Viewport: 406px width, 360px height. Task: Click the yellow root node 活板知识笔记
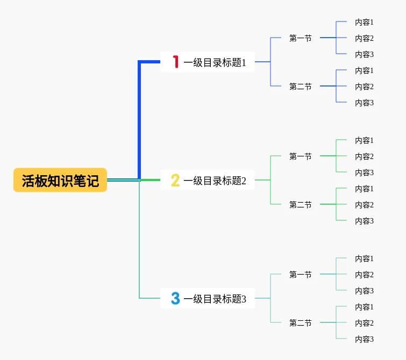(60, 180)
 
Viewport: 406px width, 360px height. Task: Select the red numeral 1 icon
(176, 62)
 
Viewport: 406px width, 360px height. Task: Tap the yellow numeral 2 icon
(175, 180)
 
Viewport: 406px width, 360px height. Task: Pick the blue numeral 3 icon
(175, 298)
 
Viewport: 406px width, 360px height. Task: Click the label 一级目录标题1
(215, 62)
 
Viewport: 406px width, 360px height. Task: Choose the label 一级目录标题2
(215, 181)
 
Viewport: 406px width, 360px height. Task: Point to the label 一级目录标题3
(215, 299)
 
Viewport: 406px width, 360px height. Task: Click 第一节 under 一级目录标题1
(301, 38)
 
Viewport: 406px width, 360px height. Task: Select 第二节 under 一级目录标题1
(301, 87)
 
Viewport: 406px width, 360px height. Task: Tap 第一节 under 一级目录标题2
(301, 156)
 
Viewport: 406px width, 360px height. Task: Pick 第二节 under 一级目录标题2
(301, 205)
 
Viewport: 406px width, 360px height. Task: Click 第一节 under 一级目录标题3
(301, 275)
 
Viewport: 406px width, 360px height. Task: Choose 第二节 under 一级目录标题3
(301, 323)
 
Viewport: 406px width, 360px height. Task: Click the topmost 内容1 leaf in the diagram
(364, 22)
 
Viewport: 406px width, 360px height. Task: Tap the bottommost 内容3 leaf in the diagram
(364, 339)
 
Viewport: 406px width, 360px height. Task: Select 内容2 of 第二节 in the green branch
(364, 205)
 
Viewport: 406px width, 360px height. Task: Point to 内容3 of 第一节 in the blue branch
(364, 54)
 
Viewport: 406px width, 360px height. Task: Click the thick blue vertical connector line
(139, 120)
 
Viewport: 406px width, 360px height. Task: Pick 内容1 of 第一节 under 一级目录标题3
(364, 258)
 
